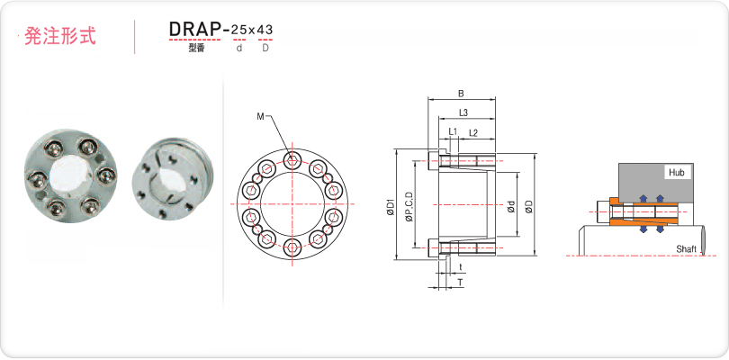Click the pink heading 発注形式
point(60,36)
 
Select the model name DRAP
point(194,30)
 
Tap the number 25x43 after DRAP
point(252,31)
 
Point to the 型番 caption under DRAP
point(196,48)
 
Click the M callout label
point(260,116)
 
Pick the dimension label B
point(461,94)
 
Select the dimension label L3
point(463,112)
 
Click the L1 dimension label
point(454,132)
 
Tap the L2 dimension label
point(473,132)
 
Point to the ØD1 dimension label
point(390,207)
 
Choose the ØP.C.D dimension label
point(409,206)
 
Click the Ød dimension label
point(511,206)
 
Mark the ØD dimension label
point(528,206)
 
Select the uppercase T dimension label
point(460,283)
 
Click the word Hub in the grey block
point(677,173)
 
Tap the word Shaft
point(686,249)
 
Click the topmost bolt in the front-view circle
point(292,161)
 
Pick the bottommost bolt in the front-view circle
point(292,247)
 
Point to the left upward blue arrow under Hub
point(643,199)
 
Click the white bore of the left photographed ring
point(70,175)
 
